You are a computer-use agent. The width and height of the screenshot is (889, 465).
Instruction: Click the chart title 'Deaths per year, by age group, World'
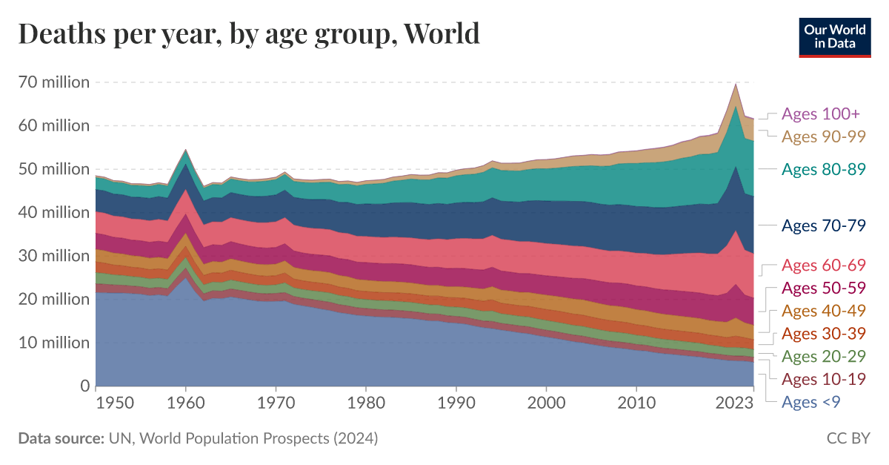tap(249, 34)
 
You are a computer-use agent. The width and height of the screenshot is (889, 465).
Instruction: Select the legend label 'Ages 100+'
tap(821, 114)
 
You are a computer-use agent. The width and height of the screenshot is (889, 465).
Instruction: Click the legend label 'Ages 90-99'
tap(824, 136)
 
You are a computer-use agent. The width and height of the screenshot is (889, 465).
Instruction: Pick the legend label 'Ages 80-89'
tap(824, 169)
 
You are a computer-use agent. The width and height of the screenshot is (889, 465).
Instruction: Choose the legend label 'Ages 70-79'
tap(824, 226)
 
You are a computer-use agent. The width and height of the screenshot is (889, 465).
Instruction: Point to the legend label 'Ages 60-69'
tap(824, 266)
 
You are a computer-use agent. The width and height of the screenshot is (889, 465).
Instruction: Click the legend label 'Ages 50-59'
tap(824, 288)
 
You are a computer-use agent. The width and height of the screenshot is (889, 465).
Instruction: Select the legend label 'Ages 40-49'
tap(824, 311)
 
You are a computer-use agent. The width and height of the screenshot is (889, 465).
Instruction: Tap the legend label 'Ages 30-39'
tap(824, 334)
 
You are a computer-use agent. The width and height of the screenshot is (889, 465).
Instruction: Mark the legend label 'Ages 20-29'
tap(824, 357)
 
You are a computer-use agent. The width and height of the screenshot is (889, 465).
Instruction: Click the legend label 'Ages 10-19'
tap(824, 380)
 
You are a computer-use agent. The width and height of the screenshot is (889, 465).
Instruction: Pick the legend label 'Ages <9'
tap(811, 402)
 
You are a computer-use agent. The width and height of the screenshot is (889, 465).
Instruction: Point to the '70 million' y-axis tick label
tap(53, 82)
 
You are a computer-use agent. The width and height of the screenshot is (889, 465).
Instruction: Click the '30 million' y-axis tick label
tap(53, 256)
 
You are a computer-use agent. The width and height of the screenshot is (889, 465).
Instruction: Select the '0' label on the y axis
tap(84, 386)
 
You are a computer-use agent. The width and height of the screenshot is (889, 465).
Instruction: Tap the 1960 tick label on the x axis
tap(186, 403)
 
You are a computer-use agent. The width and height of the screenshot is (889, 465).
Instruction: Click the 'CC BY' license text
tap(848, 439)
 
